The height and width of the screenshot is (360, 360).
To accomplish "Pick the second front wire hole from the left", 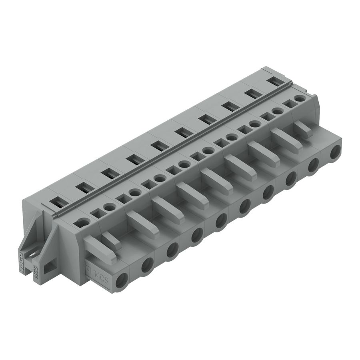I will coord(147,264).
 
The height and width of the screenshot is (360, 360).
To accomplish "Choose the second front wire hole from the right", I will coord(313,164).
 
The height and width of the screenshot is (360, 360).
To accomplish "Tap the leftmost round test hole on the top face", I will coord(82,223).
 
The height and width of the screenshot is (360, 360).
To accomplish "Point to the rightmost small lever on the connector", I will coord(303,129).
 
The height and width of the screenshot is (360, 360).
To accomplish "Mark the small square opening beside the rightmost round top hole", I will coord(287,103).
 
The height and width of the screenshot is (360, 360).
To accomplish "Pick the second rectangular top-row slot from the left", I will coord(84,186).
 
